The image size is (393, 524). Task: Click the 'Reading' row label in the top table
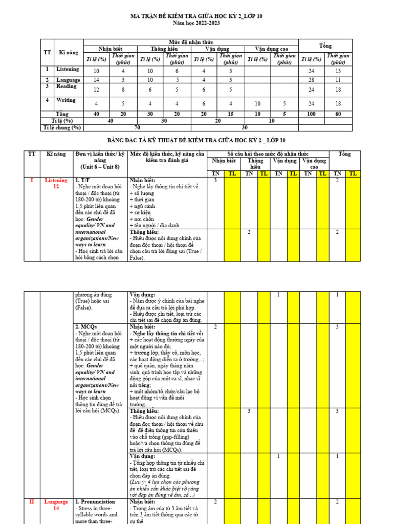pyautogui.click(x=67, y=86)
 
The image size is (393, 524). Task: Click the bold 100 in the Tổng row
pyautogui.click(x=312, y=114)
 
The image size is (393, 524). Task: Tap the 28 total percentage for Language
pyautogui.click(x=312, y=80)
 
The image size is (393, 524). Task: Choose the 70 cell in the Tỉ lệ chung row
pyautogui.click(x=137, y=127)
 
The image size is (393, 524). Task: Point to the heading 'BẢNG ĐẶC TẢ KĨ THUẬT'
pyautogui.click(x=196, y=140)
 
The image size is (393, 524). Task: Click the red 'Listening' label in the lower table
pyautogui.click(x=56, y=180)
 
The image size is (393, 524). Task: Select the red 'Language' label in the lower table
pyautogui.click(x=56, y=501)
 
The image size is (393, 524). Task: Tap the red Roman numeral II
pyautogui.click(x=32, y=501)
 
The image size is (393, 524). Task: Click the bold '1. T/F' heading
pyautogui.click(x=83, y=180)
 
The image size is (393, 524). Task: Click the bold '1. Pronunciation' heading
pyautogui.click(x=95, y=501)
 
